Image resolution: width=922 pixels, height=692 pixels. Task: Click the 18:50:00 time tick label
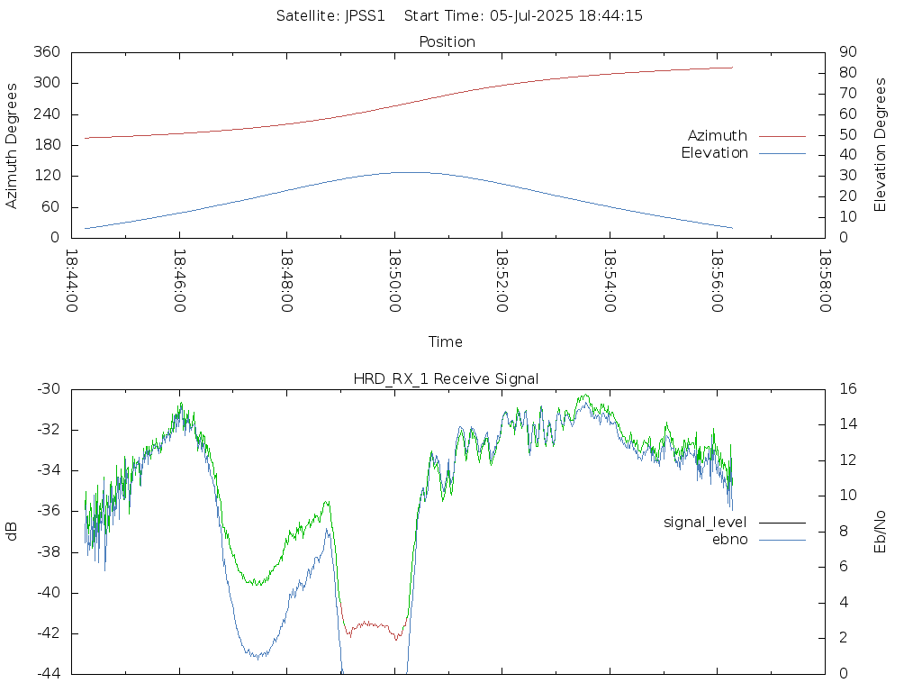394,281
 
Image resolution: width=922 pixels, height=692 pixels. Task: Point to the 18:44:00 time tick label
72,281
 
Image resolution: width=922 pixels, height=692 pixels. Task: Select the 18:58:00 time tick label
825,281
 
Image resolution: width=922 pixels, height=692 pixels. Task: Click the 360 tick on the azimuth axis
47,51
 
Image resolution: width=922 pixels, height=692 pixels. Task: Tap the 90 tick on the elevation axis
848,51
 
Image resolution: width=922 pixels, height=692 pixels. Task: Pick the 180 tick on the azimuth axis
47,145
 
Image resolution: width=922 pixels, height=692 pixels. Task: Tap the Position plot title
447,41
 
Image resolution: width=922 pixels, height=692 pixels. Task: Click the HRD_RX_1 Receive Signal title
446,379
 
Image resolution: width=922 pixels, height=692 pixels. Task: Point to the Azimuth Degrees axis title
11,146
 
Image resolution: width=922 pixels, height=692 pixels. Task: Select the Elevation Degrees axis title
880,145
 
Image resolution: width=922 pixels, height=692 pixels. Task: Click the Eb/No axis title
880,532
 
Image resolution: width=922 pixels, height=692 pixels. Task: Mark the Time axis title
445,341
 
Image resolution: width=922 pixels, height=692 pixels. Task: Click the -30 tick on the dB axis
49,389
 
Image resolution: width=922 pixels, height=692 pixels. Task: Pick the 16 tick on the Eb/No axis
848,389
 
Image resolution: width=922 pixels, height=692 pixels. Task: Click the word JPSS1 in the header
365,16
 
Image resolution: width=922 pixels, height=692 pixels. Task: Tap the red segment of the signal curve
370,624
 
